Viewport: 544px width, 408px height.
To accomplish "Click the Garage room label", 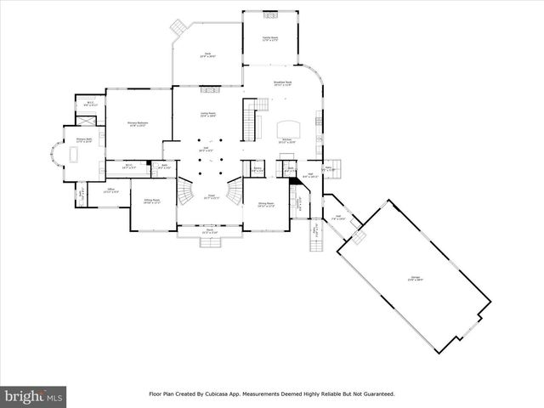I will click(416, 278).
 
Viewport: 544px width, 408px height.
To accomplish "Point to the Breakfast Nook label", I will click(283, 83).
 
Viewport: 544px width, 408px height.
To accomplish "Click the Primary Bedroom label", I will click(139, 124).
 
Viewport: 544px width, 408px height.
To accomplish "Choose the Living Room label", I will click(207, 114).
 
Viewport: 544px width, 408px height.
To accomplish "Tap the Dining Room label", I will click(265, 204).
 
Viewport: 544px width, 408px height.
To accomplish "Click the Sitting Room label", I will click(152, 201).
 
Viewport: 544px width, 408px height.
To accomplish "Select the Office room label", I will click(110, 190).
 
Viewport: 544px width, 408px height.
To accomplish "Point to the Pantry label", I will click(258, 169).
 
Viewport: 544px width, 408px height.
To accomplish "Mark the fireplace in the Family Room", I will click(270, 15).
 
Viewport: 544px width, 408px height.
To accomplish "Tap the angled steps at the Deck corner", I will click(178, 27).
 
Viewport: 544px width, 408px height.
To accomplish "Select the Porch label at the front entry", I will click(209, 231).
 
